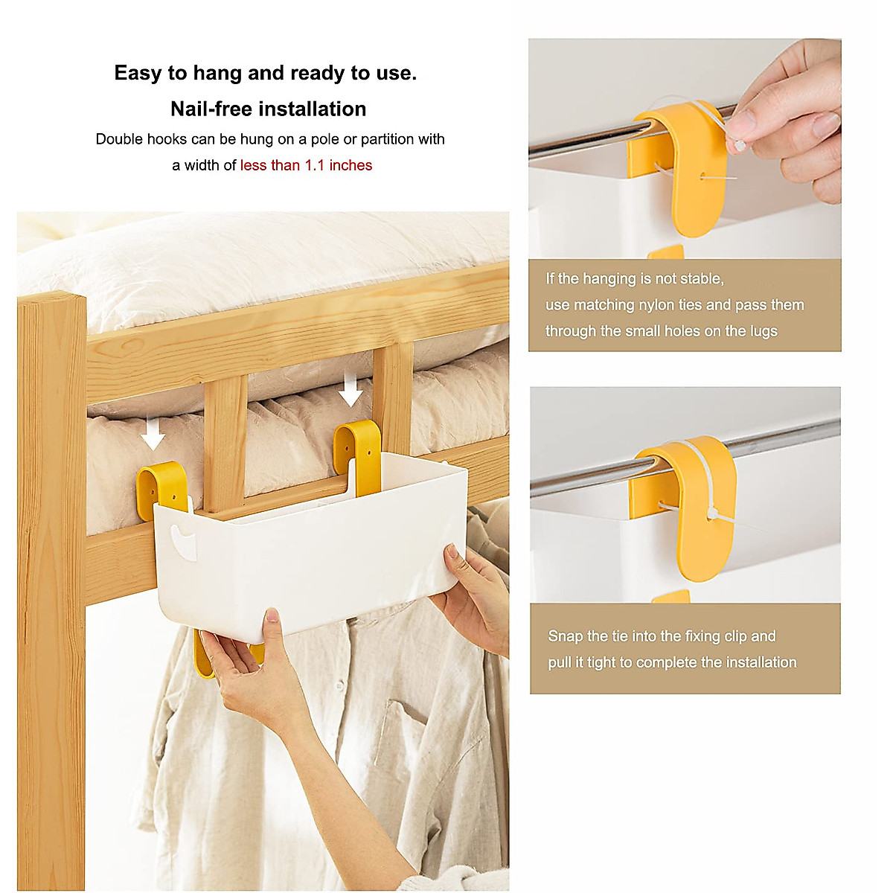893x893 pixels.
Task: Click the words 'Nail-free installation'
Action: [x=268, y=109]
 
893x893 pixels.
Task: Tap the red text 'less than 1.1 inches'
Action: [x=306, y=165]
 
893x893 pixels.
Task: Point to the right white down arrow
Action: [x=350, y=390]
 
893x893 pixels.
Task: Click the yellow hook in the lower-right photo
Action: [x=688, y=506]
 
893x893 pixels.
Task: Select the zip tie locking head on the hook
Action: [x=713, y=513]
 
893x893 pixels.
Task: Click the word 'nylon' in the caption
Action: [x=659, y=305]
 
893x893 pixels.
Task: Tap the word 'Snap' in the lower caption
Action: [x=566, y=636]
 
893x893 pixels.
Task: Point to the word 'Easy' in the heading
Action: [x=138, y=73]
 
